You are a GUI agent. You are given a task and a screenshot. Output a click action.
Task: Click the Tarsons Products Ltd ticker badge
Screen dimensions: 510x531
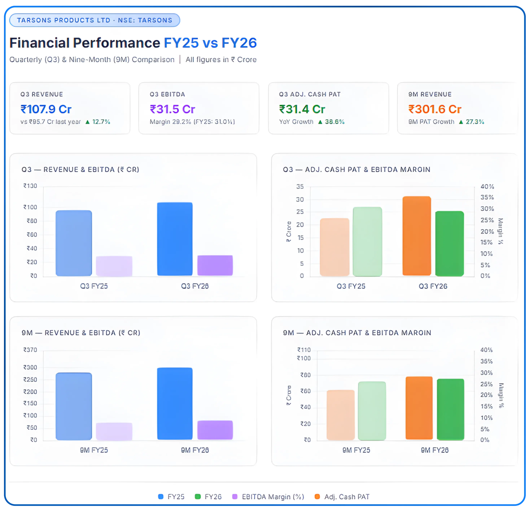95,20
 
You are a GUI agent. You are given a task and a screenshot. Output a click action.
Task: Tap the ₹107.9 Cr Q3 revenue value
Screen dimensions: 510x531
46,109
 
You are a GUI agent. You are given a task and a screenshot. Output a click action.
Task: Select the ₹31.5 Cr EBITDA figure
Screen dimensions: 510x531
172,109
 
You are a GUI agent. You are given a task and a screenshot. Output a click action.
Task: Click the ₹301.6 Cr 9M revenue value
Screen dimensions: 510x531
435,109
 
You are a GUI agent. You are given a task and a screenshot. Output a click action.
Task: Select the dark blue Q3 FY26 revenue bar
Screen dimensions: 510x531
175,239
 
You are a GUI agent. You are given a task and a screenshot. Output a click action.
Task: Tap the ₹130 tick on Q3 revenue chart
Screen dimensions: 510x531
30,186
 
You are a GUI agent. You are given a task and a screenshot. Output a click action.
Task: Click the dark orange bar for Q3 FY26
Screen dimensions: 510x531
417,236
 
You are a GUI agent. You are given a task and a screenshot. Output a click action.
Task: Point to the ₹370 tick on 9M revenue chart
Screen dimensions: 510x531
30,350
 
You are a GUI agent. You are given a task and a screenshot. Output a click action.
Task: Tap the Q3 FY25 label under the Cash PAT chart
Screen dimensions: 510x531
351,286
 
